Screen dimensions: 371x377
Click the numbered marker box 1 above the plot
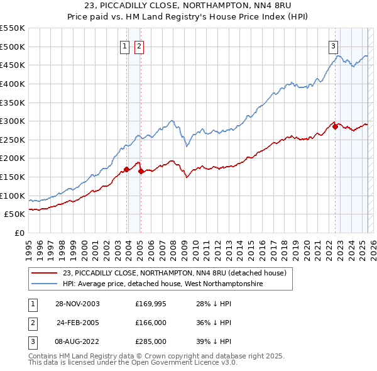tap(124, 45)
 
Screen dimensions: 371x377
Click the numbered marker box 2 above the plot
tap(138, 45)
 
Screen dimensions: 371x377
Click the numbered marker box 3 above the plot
tap(332, 45)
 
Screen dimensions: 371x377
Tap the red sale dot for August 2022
tap(335, 126)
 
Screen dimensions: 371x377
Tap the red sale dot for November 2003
tap(126, 169)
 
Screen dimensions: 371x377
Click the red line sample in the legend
tap(45, 273)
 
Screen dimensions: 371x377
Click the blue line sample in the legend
tap(45, 284)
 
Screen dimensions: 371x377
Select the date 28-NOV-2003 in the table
tap(78, 304)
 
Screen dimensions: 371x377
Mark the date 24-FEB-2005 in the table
tap(78, 323)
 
